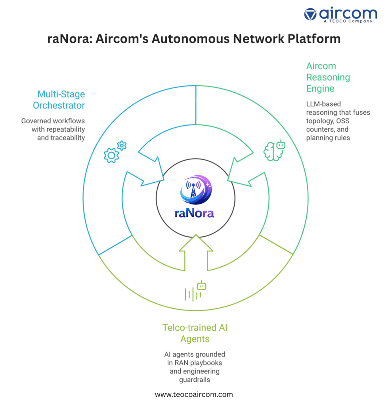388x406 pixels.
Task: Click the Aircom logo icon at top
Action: pos(310,14)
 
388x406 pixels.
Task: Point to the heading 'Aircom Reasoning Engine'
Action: pos(328,77)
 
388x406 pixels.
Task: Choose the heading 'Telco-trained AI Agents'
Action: pos(195,333)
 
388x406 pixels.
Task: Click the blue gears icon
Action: pos(115,152)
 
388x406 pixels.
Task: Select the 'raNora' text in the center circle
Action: pos(195,213)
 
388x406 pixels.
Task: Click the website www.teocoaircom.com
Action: pos(194,395)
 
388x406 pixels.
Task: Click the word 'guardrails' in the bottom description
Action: pos(195,380)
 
